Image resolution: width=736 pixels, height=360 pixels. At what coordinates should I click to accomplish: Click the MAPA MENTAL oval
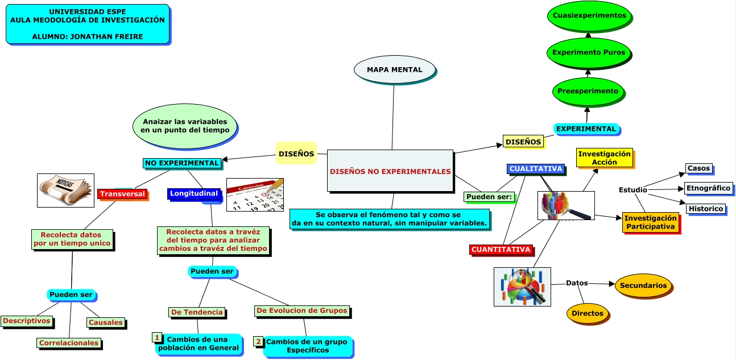click(x=395, y=69)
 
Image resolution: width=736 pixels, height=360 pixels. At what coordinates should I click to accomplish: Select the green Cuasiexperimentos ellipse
click(x=589, y=16)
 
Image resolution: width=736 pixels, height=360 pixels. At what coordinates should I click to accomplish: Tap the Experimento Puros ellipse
click(x=588, y=52)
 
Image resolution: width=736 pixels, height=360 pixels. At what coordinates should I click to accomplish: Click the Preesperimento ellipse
click(x=588, y=91)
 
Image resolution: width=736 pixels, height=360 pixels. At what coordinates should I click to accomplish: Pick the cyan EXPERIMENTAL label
click(x=586, y=129)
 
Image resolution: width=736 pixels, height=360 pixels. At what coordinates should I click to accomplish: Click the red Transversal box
click(x=122, y=194)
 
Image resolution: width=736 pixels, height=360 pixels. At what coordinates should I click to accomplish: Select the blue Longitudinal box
click(x=194, y=193)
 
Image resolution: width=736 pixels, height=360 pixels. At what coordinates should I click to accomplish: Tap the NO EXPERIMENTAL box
click(x=182, y=163)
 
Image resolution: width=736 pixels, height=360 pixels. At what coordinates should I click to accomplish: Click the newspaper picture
click(x=65, y=190)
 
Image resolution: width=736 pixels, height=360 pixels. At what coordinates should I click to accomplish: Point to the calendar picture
click(x=254, y=195)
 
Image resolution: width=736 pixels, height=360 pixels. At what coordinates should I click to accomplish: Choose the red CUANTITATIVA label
click(x=501, y=250)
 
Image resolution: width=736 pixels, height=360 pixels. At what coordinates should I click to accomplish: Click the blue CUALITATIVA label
click(x=536, y=169)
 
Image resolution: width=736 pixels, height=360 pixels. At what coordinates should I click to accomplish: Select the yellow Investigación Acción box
click(x=604, y=158)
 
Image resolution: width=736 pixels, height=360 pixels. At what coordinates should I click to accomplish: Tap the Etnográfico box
click(x=708, y=188)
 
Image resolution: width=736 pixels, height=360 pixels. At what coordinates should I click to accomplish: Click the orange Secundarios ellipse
click(x=643, y=285)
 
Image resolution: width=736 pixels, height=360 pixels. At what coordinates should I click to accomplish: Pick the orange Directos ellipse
click(x=588, y=313)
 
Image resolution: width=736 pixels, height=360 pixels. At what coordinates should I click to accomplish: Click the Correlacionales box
click(x=69, y=343)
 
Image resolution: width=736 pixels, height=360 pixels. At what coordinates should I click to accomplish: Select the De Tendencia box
click(x=197, y=312)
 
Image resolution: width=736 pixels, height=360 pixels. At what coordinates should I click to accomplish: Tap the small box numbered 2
click(x=258, y=342)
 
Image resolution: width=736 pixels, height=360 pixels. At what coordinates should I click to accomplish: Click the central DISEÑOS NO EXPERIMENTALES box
click(x=390, y=171)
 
